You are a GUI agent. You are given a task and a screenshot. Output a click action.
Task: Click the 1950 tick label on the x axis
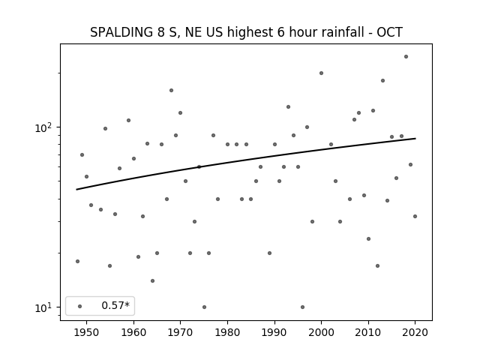pyautogui.click(x=87, y=333)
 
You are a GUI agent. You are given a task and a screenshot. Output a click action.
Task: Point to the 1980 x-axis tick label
pyautogui.click(x=227, y=333)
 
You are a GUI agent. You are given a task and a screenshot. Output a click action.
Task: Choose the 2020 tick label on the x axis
pyautogui.click(x=415, y=333)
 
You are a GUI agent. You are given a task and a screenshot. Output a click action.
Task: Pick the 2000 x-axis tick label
pyautogui.click(x=321, y=333)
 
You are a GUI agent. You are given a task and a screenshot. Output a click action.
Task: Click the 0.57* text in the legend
pyautogui.click(x=115, y=305)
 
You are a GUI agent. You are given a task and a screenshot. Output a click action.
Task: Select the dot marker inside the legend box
pyautogui.click(x=80, y=306)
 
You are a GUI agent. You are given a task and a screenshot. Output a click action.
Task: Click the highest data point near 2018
pyautogui.click(x=406, y=57)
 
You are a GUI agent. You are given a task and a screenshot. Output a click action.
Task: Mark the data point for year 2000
pyautogui.click(x=321, y=73)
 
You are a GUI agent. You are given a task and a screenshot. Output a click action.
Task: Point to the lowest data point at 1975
pyautogui.click(x=204, y=307)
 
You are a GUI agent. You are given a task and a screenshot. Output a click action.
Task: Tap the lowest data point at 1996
pyautogui.click(x=302, y=307)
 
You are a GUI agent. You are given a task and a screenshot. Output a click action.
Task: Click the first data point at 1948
pyautogui.click(x=77, y=262)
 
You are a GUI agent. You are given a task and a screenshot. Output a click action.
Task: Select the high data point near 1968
pyautogui.click(x=171, y=90)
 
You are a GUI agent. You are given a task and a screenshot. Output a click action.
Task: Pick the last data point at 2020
pyautogui.click(x=415, y=217)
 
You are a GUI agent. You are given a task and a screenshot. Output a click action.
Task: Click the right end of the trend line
pyautogui.click(x=415, y=138)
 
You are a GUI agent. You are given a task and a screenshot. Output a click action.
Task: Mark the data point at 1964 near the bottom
pyautogui.click(x=152, y=280)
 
